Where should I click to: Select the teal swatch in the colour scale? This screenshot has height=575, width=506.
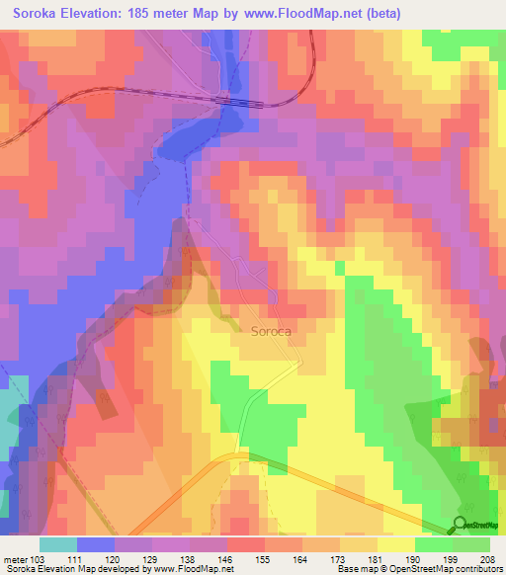(x=58, y=544)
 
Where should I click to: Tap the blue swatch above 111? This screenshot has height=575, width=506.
(x=96, y=544)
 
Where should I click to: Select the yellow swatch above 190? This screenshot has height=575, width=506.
(x=396, y=544)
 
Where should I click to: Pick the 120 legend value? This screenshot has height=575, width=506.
(x=117, y=559)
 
